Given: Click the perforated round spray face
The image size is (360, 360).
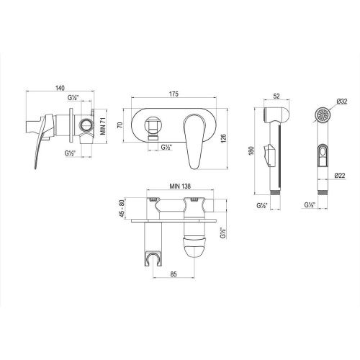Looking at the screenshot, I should pos(323,115).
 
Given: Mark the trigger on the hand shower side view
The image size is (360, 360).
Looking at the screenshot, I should pos(269,153).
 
